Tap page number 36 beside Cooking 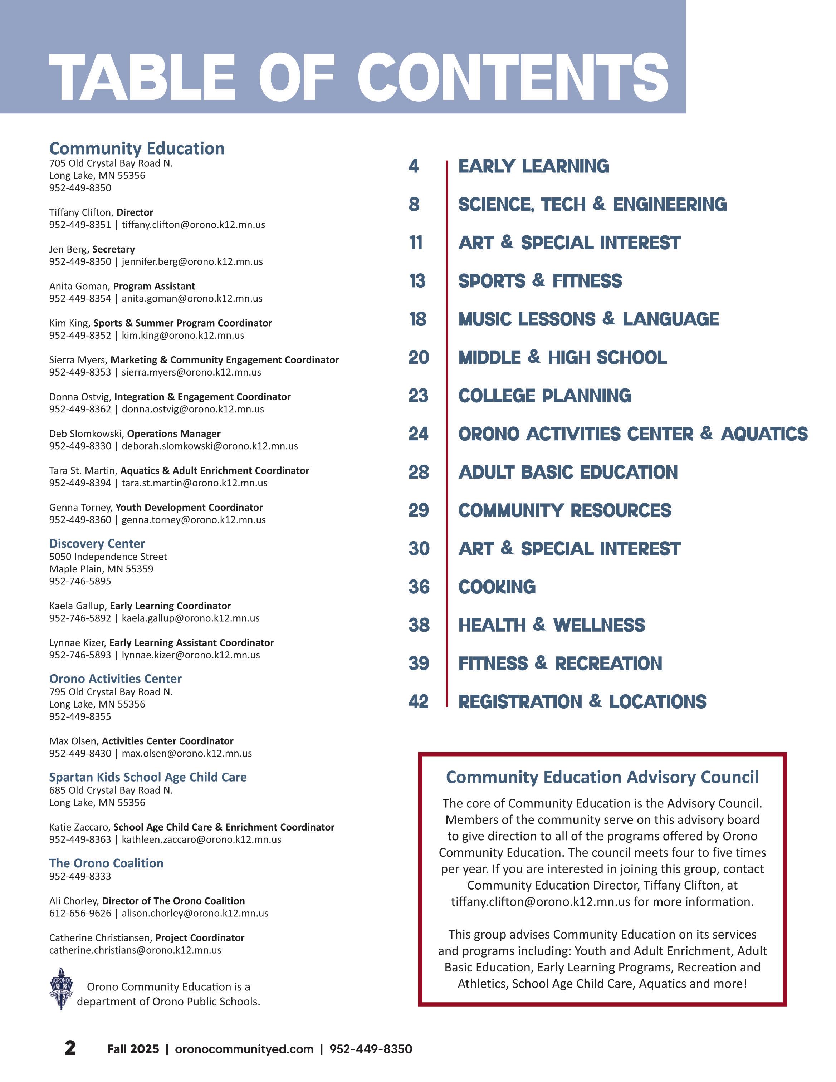pyautogui.click(x=419, y=587)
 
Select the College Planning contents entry pyautogui.click(x=544, y=396)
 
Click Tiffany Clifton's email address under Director pyautogui.click(x=193, y=224)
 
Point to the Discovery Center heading pyautogui.click(x=97, y=543)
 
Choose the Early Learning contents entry pyautogui.click(x=533, y=166)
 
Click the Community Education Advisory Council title pyautogui.click(x=602, y=777)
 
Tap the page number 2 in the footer pyautogui.click(x=70, y=1047)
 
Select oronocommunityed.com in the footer pyautogui.click(x=244, y=1049)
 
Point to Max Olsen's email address pyautogui.click(x=187, y=754)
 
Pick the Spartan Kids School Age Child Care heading pyautogui.click(x=148, y=777)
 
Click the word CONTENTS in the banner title pyautogui.click(x=513, y=78)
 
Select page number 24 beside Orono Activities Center pyautogui.click(x=419, y=434)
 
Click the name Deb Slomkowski pyautogui.click(x=85, y=434)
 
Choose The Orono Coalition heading pyautogui.click(x=106, y=863)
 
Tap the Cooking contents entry pyautogui.click(x=497, y=587)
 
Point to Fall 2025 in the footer pyautogui.click(x=133, y=1049)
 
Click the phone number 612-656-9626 pyautogui.click(x=80, y=913)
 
